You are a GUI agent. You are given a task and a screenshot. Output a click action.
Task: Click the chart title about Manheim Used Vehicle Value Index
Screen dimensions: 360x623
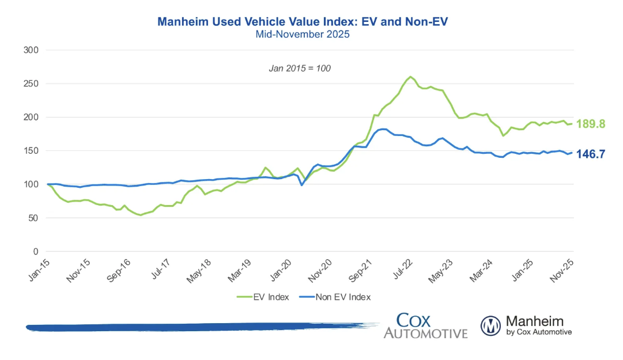303,22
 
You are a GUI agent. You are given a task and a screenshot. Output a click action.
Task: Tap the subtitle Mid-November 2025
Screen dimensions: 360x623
303,35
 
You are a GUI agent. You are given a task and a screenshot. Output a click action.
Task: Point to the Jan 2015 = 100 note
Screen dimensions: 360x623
300,68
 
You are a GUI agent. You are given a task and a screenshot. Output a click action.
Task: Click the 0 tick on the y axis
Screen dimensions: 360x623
36,252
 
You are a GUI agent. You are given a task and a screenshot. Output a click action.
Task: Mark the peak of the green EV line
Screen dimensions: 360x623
410,77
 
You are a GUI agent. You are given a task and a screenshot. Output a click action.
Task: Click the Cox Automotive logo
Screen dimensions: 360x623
425,325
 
